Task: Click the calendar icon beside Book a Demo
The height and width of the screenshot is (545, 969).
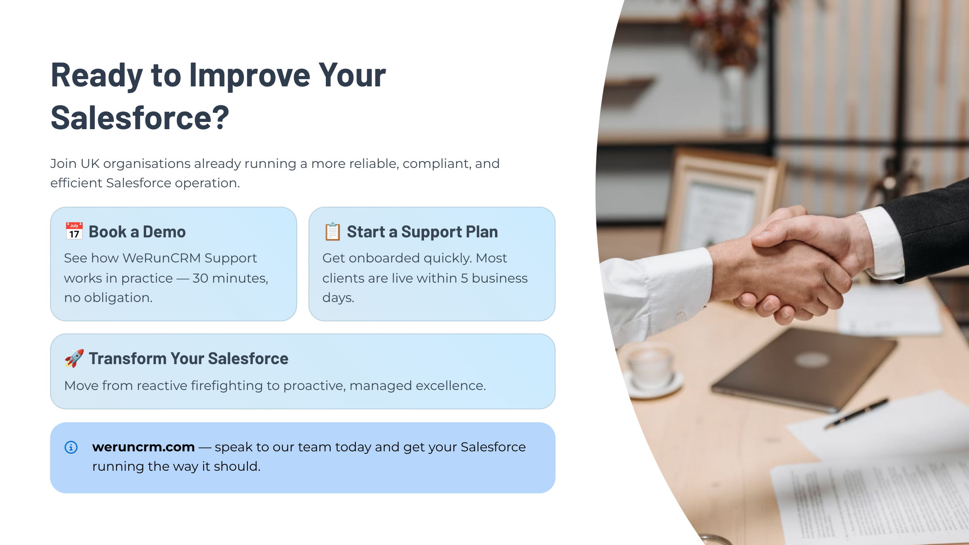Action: click(x=74, y=231)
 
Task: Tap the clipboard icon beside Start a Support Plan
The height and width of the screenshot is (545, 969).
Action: click(x=333, y=231)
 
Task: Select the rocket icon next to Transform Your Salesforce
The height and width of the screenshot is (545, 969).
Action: click(x=74, y=358)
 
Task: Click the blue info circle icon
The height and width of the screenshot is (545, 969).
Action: click(x=71, y=447)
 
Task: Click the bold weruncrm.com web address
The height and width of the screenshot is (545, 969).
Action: click(x=143, y=447)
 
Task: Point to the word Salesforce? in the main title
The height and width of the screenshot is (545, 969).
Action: click(x=140, y=118)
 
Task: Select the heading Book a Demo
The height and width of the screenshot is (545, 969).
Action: click(x=137, y=232)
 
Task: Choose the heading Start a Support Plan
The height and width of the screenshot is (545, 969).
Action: click(x=422, y=232)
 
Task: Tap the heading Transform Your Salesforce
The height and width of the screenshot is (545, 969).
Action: click(x=189, y=358)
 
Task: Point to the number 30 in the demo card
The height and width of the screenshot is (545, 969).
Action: click(x=200, y=278)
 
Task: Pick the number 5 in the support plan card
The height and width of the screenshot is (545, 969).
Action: click(x=465, y=278)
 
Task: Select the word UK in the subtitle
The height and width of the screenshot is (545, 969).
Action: click(x=90, y=163)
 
